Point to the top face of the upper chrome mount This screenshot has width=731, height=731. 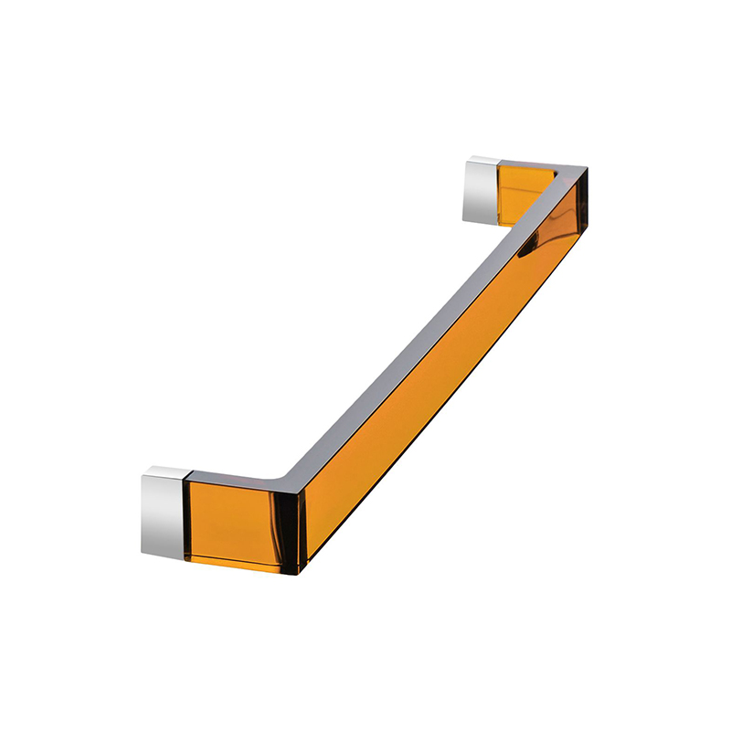[482, 160]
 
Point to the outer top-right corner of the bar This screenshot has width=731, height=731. [587, 168]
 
